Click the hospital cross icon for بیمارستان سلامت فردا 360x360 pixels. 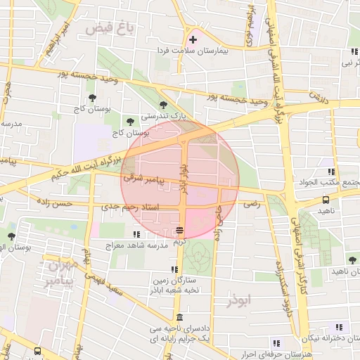(x=193, y=39)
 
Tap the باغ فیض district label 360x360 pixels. (x=106, y=29)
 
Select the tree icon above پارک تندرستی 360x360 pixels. (x=164, y=104)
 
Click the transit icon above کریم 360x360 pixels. (x=181, y=230)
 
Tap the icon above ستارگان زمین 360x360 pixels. (x=174, y=269)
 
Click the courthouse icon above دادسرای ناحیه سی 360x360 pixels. (x=180, y=317)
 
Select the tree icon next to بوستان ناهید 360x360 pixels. (x=352, y=261)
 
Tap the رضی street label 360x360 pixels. (x=251, y=204)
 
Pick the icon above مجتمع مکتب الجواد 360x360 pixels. (x=330, y=171)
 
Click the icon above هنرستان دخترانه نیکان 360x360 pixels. (x=340, y=327)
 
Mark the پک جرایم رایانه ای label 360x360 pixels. (x=179, y=339)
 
